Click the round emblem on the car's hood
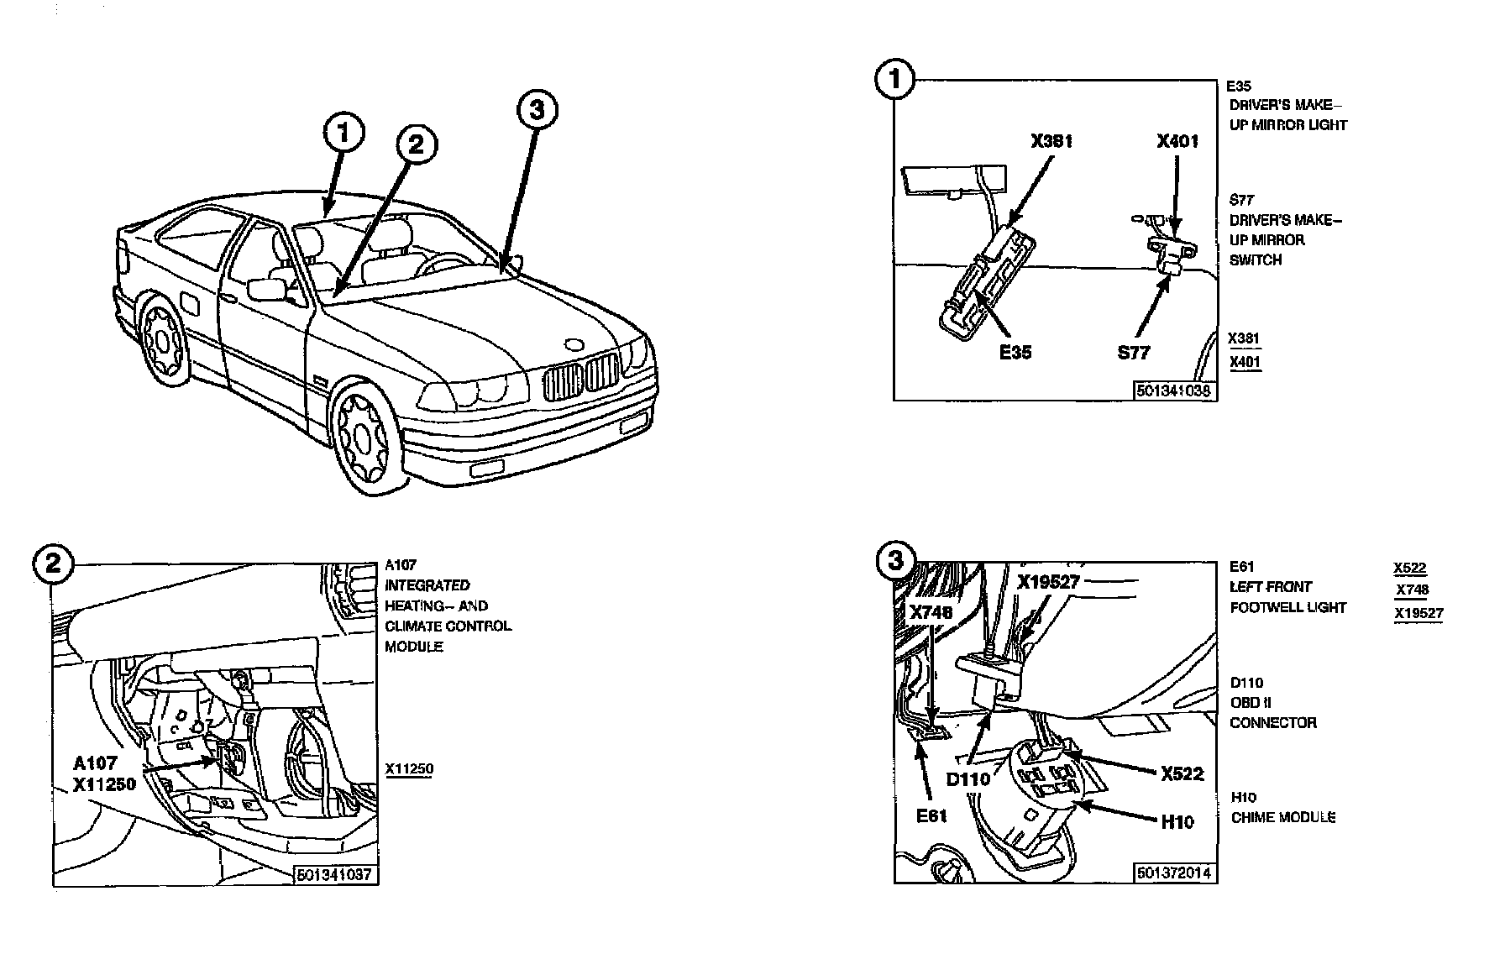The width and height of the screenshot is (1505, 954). coord(574,345)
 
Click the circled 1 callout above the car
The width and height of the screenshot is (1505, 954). coord(345,134)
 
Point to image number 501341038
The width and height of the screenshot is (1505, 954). coord(1174,391)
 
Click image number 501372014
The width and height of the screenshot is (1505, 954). coord(1174,873)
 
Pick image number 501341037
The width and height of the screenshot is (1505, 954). coord(334,875)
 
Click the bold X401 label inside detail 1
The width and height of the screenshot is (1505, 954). coord(1177,141)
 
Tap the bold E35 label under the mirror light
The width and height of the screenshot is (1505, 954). coord(1015,352)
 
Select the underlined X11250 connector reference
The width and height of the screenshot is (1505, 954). coord(409,768)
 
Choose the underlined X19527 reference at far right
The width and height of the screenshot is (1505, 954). coord(1418,613)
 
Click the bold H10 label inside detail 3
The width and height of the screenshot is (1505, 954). coord(1177,822)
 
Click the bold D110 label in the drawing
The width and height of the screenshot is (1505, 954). coord(968,779)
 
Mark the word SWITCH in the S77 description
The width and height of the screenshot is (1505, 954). coord(1256,260)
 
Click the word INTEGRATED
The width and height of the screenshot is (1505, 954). coord(427,585)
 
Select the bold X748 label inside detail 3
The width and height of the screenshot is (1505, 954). coord(931,613)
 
